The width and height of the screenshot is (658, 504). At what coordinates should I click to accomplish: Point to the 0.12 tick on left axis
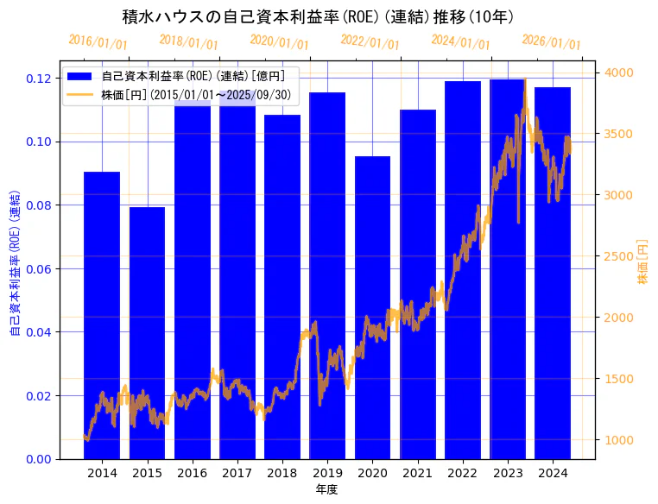click(x=40, y=79)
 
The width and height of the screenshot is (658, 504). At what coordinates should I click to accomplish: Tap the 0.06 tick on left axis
click(x=40, y=268)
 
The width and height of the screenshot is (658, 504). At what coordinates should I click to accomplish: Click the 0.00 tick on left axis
click(x=40, y=458)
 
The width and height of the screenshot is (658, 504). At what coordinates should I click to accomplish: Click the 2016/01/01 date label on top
click(x=98, y=42)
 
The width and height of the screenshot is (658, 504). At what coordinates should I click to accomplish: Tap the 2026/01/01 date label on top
click(x=552, y=42)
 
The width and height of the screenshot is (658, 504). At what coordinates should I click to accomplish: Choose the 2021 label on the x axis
click(x=418, y=473)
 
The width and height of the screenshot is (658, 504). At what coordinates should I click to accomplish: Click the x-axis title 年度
click(x=326, y=489)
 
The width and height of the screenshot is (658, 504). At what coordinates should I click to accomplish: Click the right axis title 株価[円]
click(x=642, y=263)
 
